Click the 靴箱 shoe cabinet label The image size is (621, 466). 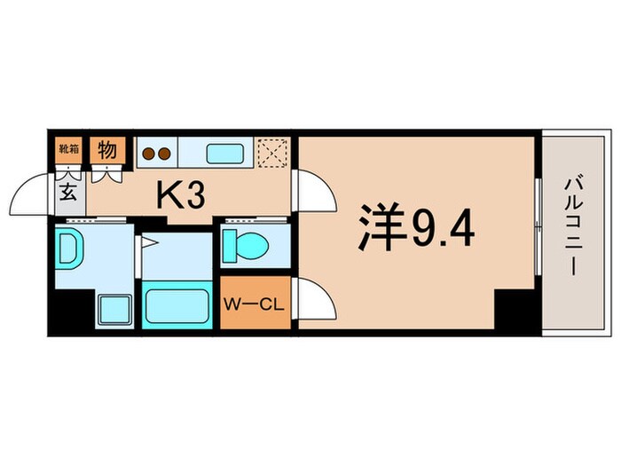[x=68, y=149]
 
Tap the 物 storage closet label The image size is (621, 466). [x=106, y=149]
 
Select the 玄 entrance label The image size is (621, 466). [x=67, y=190]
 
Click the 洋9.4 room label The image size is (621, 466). [x=417, y=228]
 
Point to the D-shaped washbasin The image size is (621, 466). [x=68, y=247]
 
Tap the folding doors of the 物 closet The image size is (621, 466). [x=106, y=172]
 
